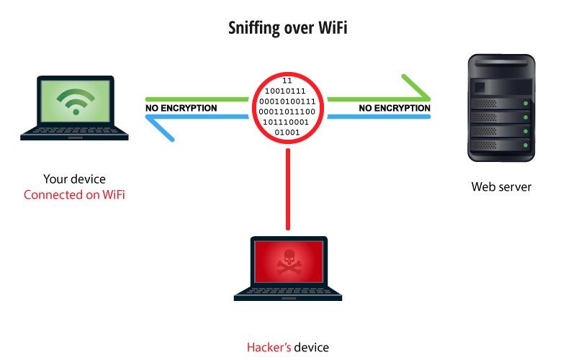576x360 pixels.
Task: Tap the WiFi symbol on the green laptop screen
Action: click(x=75, y=102)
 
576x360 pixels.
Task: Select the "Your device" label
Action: click(x=74, y=179)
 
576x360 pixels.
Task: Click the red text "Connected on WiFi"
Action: click(x=74, y=195)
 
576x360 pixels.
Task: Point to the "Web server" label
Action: click(x=501, y=187)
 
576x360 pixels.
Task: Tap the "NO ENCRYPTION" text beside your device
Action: click(x=181, y=109)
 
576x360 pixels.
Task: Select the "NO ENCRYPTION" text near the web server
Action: click(x=394, y=109)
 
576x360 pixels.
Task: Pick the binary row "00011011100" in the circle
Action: click(x=287, y=112)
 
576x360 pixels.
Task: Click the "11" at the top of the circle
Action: click(x=287, y=80)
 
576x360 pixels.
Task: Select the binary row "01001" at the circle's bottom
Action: click(x=287, y=132)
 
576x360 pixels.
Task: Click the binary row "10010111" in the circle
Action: click(x=287, y=91)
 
